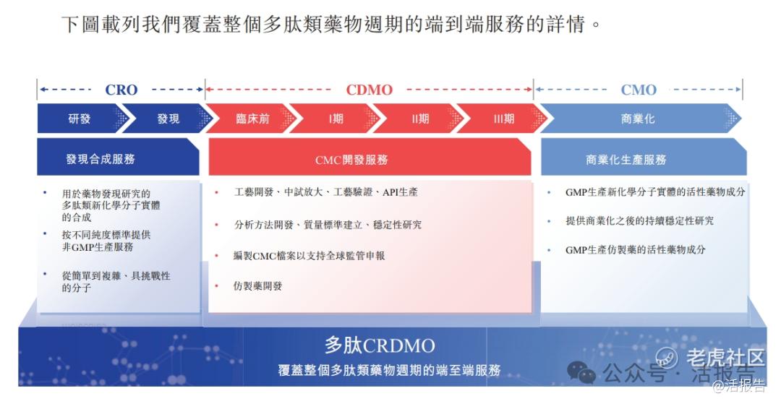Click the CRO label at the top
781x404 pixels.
pyautogui.click(x=121, y=90)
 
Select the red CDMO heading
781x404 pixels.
pyautogui.click(x=369, y=90)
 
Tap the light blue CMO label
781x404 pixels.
pyautogui.click(x=639, y=90)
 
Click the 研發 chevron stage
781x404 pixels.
pyautogui.click(x=80, y=119)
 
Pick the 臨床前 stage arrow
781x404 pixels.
pyautogui.click(x=252, y=119)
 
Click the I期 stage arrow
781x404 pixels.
pyautogui.click(x=336, y=119)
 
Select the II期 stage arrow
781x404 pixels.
pyautogui.click(x=420, y=119)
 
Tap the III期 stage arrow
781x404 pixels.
pyautogui.click(x=503, y=119)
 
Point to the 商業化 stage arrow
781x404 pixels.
pyautogui.click(x=638, y=119)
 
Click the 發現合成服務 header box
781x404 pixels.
pyautogui.click(x=118, y=158)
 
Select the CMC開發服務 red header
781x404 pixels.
pyautogui.click(x=370, y=158)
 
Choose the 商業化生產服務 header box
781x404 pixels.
pyautogui.click(x=644, y=158)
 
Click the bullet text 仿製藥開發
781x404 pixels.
pyautogui.click(x=257, y=286)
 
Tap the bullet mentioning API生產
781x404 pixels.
pyautogui.click(x=325, y=192)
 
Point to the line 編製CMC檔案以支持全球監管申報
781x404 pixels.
pyautogui.click(x=309, y=256)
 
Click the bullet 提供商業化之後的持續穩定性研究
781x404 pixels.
pyautogui.click(x=639, y=221)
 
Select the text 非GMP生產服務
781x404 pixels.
pyautogui.click(x=98, y=246)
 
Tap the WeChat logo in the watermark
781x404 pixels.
pyautogui.click(x=581, y=372)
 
